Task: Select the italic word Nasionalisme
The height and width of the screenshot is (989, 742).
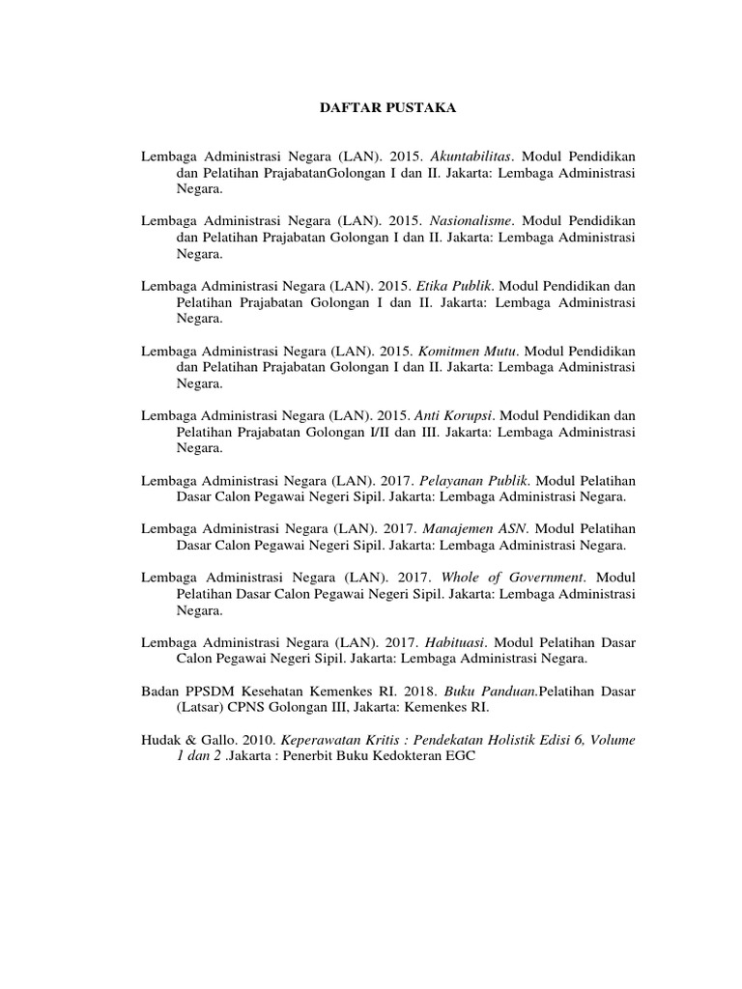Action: click(470, 221)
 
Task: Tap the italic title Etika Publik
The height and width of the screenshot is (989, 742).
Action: click(454, 287)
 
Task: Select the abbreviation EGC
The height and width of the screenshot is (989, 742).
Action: click(463, 756)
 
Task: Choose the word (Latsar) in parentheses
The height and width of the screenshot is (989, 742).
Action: click(199, 708)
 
